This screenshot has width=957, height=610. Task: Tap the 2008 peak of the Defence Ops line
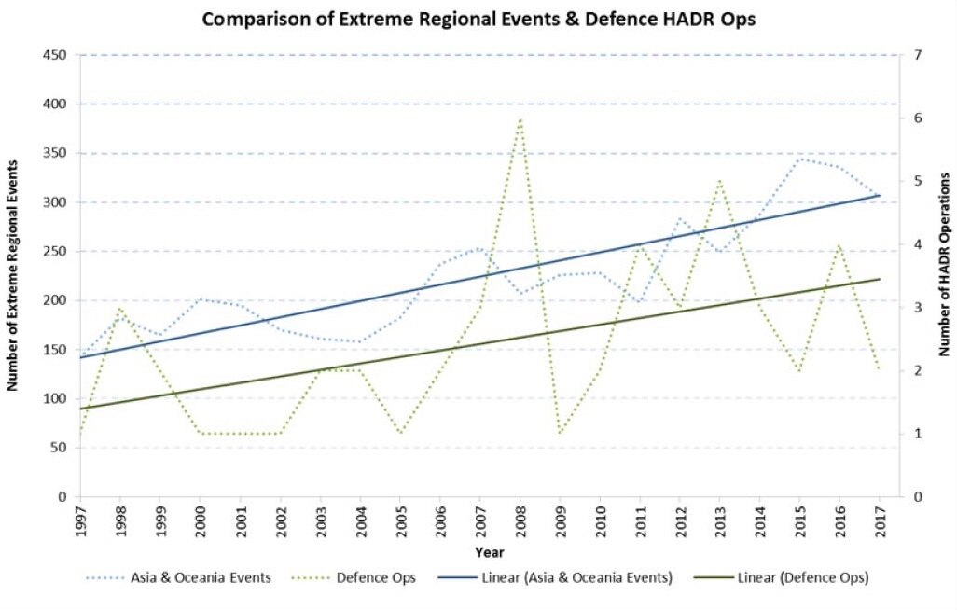pyautogui.click(x=520, y=118)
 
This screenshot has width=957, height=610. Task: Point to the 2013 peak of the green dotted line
pyautogui.click(x=719, y=181)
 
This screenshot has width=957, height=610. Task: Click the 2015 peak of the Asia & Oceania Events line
pyautogui.click(x=799, y=159)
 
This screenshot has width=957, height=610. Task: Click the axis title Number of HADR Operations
pyautogui.click(x=944, y=264)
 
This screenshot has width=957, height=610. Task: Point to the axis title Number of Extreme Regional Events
pyautogui.click(x=13, y=275)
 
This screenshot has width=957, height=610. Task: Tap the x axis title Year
pyautogui.click(x=481, y=552)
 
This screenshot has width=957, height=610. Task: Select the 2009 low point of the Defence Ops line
pyautogui.click(x=560, y=434)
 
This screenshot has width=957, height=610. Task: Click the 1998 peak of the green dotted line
pyautogui.click(x=120, y=308)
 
